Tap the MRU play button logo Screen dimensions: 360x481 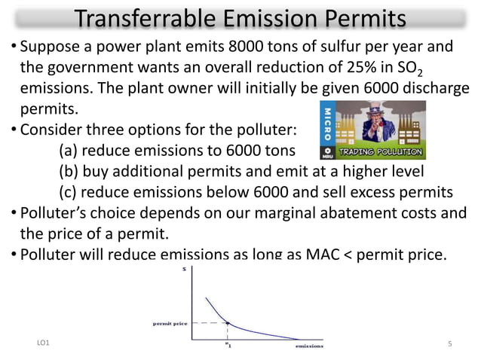coord(327,151)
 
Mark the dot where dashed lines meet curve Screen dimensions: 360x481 coord(228,323)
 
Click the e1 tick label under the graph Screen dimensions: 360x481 coord(228,346)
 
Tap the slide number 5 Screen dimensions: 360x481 coord(449,344)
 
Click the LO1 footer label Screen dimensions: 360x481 coord(44,344)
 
